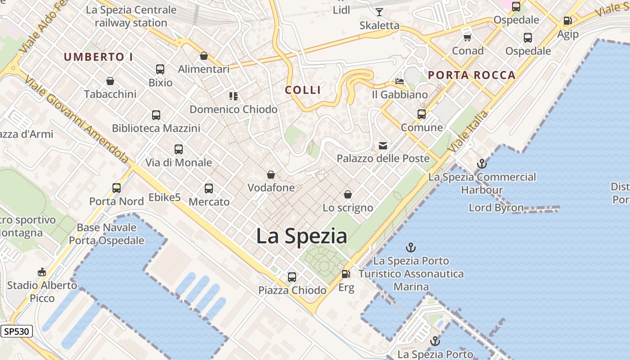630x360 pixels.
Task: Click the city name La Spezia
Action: (301, 236)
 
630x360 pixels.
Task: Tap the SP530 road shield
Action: (17, 332)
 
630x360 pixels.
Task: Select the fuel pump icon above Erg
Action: (346, 274)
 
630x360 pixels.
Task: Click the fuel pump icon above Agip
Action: (567, 21)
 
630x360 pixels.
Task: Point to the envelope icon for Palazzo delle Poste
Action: (383, 145)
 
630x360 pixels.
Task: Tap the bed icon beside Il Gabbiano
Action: (399, 81)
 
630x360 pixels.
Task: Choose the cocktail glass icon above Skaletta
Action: (379, 12)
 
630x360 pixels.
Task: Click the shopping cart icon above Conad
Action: (468, 37)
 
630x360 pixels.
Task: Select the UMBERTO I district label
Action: (98, 57)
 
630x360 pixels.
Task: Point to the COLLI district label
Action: (303, 90)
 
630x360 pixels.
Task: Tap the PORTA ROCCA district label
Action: (472, 75)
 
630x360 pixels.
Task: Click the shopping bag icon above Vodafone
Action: (271, 175)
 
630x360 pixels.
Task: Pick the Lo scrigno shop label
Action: (348, 207)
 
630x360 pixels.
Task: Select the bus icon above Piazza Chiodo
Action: (292, 277)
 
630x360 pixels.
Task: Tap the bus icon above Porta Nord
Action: (117, 188)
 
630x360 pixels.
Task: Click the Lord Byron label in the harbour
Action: (496, 208)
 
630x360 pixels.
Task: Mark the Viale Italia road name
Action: (468, 131)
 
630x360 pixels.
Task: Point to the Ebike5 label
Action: (164, 198)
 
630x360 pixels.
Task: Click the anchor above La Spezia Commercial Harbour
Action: (482, 164)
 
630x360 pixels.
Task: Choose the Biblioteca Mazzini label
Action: (156, 128)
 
